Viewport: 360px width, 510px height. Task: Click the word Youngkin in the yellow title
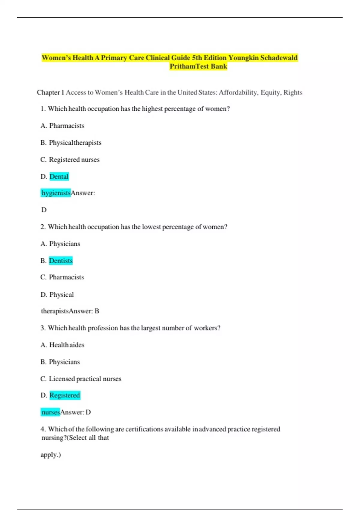click(x=243, y=58)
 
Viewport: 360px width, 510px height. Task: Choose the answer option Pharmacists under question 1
click(x=67, y=126)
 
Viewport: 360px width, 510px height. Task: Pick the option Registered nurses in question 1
click(x=74, y=160)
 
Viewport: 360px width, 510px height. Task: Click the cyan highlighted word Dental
click(x=59, y=176)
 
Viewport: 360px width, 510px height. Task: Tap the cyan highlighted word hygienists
click(x=56, y=193)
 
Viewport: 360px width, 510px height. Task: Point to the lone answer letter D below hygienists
click(x=44, y=210)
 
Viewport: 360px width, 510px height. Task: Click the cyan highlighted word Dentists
click(x=61, y=261)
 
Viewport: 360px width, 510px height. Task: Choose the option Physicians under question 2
click(x=64, y=244)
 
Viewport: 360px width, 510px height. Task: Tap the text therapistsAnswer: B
click(x=70, y=311)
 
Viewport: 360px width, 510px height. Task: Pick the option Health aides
click(x=67, y=345)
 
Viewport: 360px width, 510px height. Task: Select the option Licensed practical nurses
click(x=85, y=379)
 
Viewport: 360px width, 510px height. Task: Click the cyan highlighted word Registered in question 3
click(x=64, y=395)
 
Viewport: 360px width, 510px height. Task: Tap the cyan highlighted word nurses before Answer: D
click(x=51, y=412)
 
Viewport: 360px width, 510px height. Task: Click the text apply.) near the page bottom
click(x=51, y=455)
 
